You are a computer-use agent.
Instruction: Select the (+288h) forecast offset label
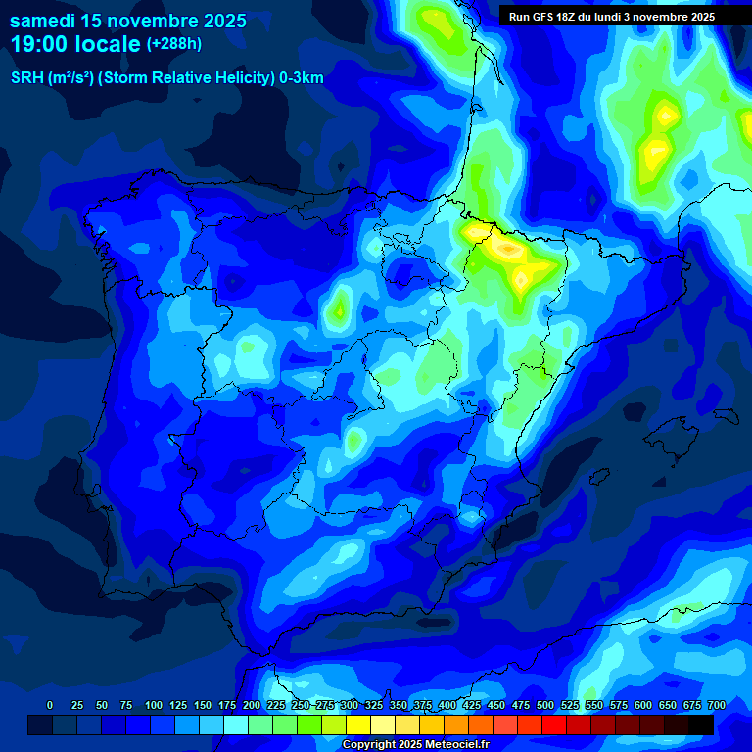pos(175,44)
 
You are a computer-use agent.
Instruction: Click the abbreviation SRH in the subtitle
pos(26,78)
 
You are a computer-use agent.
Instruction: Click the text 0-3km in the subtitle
pos(302,78)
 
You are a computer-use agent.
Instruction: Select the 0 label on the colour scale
pos(50,705)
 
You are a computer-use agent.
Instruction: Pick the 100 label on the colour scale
pos(154,705)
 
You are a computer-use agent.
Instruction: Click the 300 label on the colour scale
pos(350,705)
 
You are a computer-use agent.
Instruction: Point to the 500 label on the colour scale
pos(545,705)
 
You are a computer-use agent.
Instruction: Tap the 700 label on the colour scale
pos(717,705)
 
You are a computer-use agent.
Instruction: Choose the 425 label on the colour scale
pos(472,705)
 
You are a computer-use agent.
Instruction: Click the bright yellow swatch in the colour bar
pos(358,725)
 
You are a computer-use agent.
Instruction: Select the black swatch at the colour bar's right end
pos(701,725)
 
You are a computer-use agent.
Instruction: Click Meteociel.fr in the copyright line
pos(451,745)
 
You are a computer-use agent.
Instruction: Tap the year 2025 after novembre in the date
pos(219,21)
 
